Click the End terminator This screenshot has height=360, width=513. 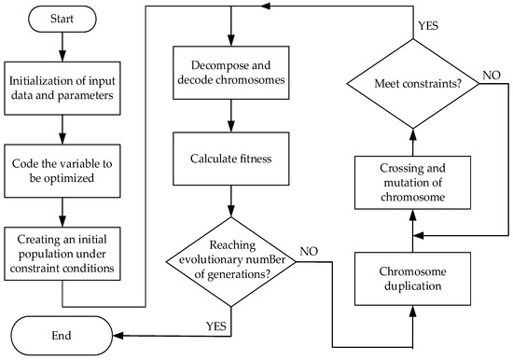point(61,331)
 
